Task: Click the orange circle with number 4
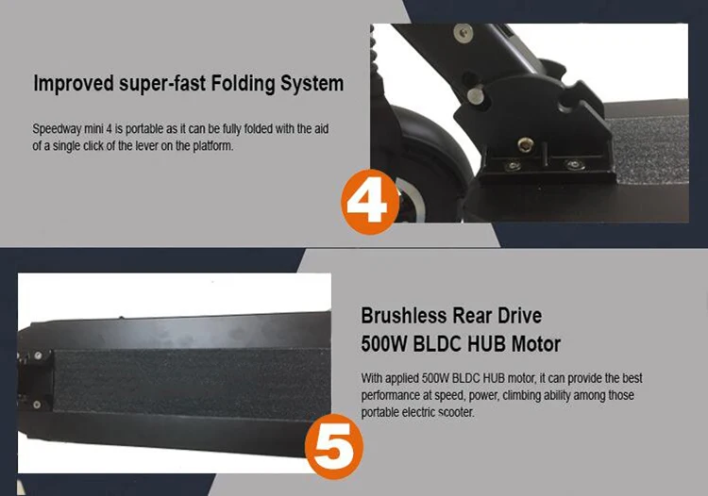(x=370, y=202)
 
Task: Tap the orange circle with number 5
(x=334, y=446)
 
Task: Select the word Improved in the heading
(x=74, y=84)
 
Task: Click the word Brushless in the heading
(x=404, y=316)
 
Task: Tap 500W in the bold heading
(x=384, y=344)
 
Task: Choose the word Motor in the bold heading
(x=535, y=344)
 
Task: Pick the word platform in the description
(x=212, y=146)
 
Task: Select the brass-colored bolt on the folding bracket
(x=525, y=144)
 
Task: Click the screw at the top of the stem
(x=464, y=33)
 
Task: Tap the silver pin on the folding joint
(x=475, y=94)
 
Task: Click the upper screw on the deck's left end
(x=39, y=355)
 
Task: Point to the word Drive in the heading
(x=519, y=316)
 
